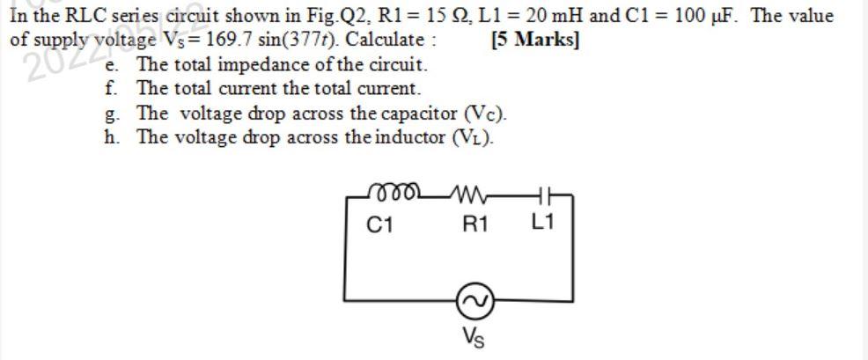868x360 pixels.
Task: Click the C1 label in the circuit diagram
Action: pos(379,225)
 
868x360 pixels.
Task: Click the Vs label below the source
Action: pos(473,336)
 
